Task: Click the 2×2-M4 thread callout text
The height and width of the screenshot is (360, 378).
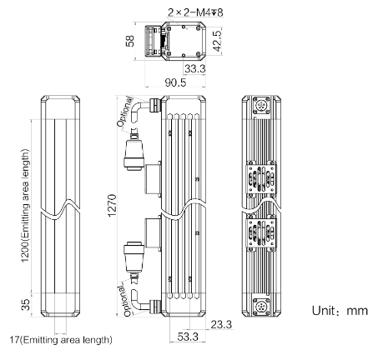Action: pyautogui.click(x=195, y=12)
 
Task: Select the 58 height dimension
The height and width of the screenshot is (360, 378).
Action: pyautogui.click(x=130, y=41)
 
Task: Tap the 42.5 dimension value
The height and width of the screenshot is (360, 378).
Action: pyautogui.click(x=217, y=41)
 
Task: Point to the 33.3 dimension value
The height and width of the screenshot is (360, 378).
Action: pyautogui.click(x=195, y=68)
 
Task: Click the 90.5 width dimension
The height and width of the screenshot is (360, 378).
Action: pyautogui.click(x=175, y=82)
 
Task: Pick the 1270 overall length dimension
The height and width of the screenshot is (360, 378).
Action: pyautogui.click(x=112, y=206)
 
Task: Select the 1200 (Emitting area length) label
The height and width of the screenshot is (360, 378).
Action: pyautogui.click(x=25, y=206)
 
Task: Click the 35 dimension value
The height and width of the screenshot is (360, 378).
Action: pyautogui.click(x=25, y=304)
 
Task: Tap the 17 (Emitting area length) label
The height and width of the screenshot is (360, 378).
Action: pyautogui.click(x=61, y=339)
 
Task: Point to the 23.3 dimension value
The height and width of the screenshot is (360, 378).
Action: pyautogui.click(x=221, y=324)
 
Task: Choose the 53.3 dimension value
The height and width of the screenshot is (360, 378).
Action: pyautogui.click(x=188, y=337)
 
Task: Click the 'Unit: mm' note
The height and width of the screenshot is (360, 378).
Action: pyautogui.click(x=340, y=311)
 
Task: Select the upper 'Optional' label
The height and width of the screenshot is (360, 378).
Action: pyautogui.click(x=124, y=112)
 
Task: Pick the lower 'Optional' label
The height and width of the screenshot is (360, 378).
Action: pyautogui.click(x=124, y=301)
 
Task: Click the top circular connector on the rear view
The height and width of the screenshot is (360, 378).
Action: pyautogui.click(x=261, y=105)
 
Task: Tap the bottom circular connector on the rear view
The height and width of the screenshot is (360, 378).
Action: pyautogui.click(x=261, y=307)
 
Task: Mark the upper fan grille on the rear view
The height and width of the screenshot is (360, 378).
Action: pyautogui.click(x=261, y=179)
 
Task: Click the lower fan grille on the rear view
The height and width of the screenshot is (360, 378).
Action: pyautogui.click(x=261, y=232)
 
